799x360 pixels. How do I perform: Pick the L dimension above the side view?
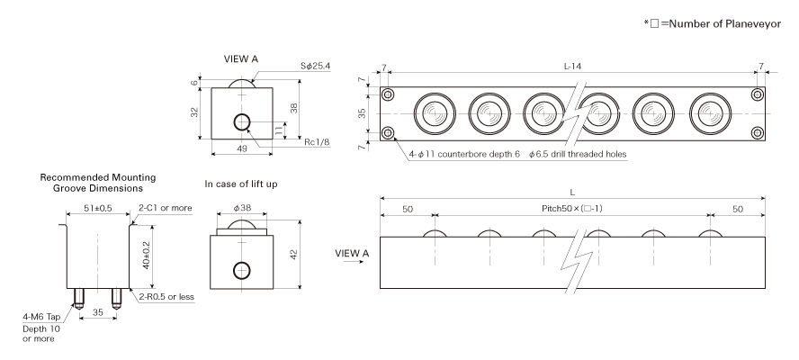[572, 191]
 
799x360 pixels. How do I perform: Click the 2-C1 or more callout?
[165, 208]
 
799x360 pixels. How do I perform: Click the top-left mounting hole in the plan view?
[389, 95]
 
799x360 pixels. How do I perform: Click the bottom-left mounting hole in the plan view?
[389, 134]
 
